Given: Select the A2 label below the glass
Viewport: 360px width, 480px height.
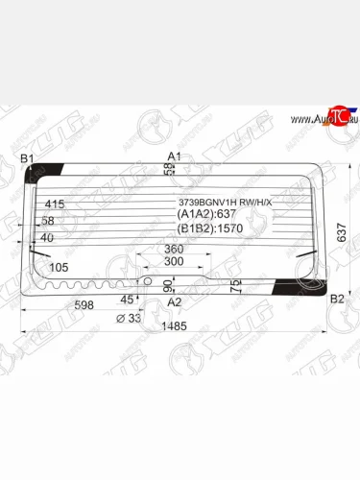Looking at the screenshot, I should tap(174, 301).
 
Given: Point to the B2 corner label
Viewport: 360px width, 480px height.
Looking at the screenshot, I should tap(336, 300).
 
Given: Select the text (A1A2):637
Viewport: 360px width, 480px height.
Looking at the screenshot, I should tap(206, 216).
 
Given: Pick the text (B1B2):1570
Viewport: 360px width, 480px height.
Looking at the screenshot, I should tap(209, 230).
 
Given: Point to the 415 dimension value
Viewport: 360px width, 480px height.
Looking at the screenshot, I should tap(54, 204).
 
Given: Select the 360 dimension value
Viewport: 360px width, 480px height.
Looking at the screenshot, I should tap(174, 249).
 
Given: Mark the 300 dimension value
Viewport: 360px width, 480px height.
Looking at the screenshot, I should tap(174, 261).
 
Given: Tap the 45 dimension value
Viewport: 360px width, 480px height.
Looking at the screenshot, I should tap(127, 299).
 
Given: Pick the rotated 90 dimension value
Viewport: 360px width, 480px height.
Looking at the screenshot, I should tap(167, 285).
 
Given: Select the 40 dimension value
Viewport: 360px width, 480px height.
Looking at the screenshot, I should tap(47, 237).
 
